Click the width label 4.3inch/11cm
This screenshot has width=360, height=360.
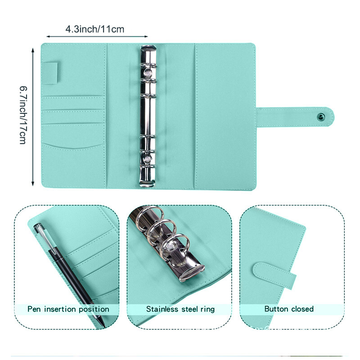tap(94, 29)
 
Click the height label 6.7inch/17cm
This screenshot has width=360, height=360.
tap(22, 115)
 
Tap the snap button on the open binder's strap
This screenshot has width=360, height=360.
tap(320, 117)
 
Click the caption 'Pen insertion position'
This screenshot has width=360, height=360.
tap(68, 309)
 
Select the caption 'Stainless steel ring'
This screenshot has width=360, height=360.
tap(180, 309)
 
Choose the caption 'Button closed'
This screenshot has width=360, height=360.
tap(289, 309)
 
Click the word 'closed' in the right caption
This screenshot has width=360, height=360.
tap(301, 309)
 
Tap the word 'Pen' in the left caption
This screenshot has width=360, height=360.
tap(35, 309)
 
